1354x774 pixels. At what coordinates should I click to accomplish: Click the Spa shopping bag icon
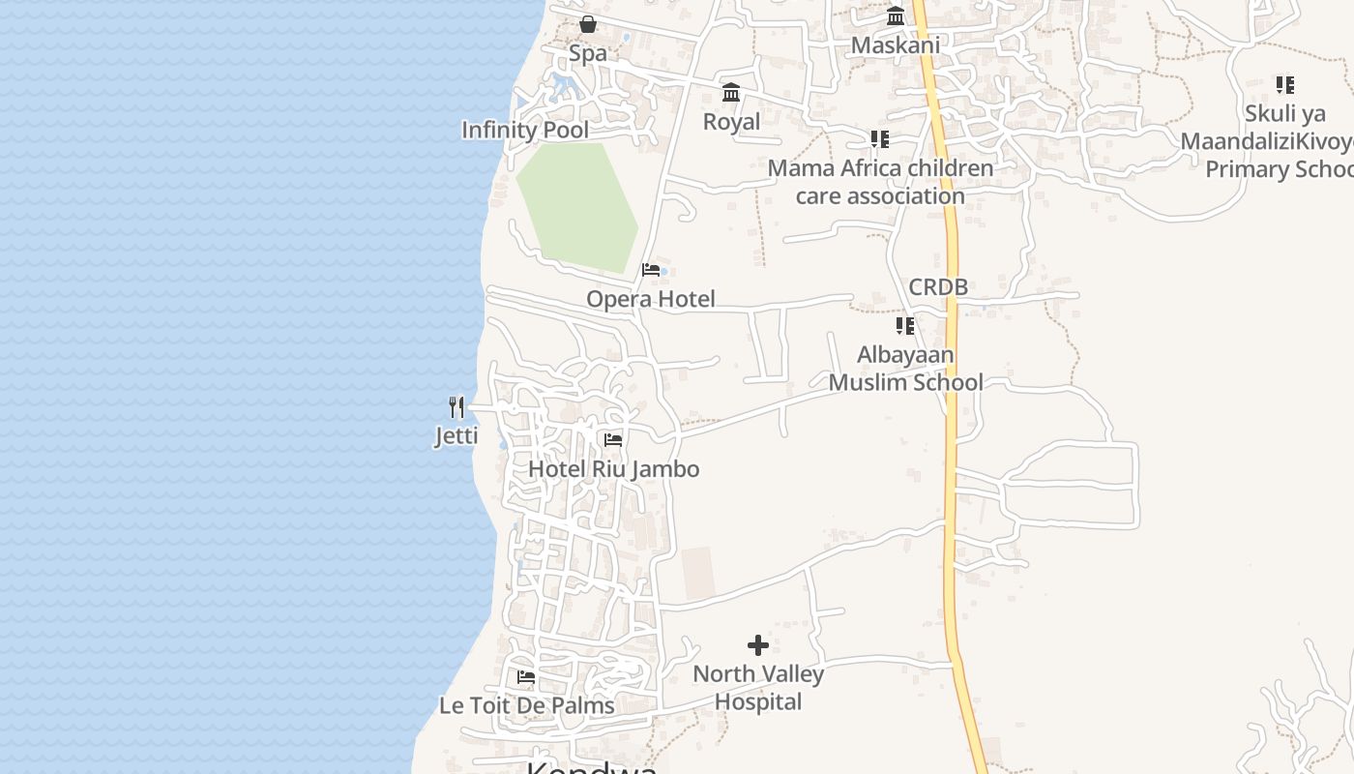pos(588,24)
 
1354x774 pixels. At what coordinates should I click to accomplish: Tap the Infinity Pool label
pos(525,130)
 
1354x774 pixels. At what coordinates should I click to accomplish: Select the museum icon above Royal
pos(731,93)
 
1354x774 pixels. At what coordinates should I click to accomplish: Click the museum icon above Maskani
pos(896,16)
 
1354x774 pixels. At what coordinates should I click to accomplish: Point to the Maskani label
pos(896,45)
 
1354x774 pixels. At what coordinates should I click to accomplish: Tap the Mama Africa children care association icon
pos(879,139)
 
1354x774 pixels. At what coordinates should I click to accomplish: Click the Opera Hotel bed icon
pos(651,270)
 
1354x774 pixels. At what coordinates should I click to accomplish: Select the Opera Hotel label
pos(651,299)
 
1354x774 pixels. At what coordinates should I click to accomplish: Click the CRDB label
pos(938,287)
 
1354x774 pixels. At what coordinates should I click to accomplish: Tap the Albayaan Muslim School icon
pos(904,326)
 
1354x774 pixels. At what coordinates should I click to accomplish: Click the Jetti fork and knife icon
pos(456,407)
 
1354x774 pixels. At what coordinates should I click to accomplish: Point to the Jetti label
pos(456,435)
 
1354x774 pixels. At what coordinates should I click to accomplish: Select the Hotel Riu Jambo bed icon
pos(613,440)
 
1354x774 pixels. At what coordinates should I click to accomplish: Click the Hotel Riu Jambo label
pos(613,469)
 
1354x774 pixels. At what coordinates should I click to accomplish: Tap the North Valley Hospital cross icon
pos(758,645)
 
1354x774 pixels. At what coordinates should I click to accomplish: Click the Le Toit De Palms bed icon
pos(526,677)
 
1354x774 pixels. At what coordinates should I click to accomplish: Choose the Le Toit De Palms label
pos(527,705)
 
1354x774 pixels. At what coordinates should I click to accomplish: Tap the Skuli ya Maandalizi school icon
pos(1284,85)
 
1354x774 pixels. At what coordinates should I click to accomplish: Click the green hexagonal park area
pos(576,205)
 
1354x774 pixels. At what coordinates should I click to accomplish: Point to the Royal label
pos(731,122)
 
